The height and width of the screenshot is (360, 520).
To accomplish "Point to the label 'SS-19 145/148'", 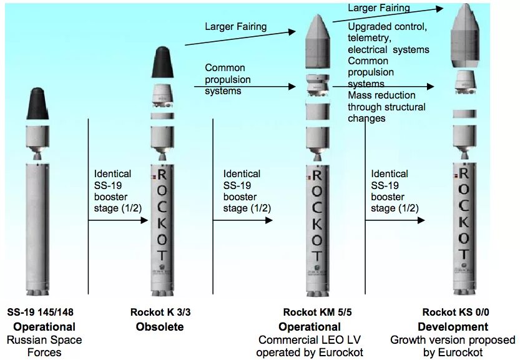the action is click(x=44, y=312).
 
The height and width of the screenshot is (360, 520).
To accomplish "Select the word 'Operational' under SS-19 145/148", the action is click(x=44, y=327).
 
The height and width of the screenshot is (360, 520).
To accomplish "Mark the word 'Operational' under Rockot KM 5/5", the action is click(x=310, y=327).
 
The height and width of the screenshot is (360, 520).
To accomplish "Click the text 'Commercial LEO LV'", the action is click(x=310, y=340).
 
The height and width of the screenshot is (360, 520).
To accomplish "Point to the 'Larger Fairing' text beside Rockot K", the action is click(x=235, y=27).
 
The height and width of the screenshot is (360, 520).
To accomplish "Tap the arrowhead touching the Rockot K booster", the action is click(x=144, y=220).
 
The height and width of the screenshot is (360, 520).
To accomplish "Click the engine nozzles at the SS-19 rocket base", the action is click(x=38, y=291).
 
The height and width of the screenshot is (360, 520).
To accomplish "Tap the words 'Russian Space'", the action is click(x=44, y=340).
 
